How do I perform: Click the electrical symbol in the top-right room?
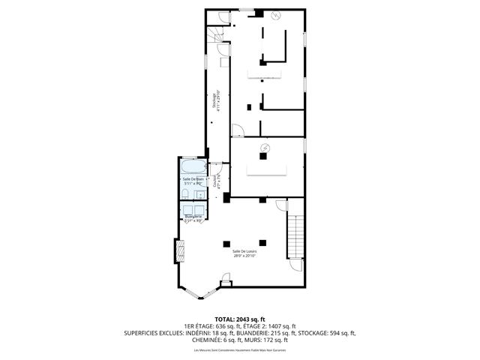[274, 16]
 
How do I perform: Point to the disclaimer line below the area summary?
[240, 351]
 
